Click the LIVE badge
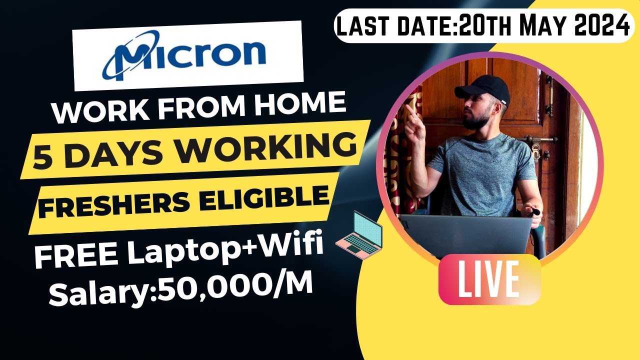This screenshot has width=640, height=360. [x=489, y=279]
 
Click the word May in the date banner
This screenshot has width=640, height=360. [x=540, y=25]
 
